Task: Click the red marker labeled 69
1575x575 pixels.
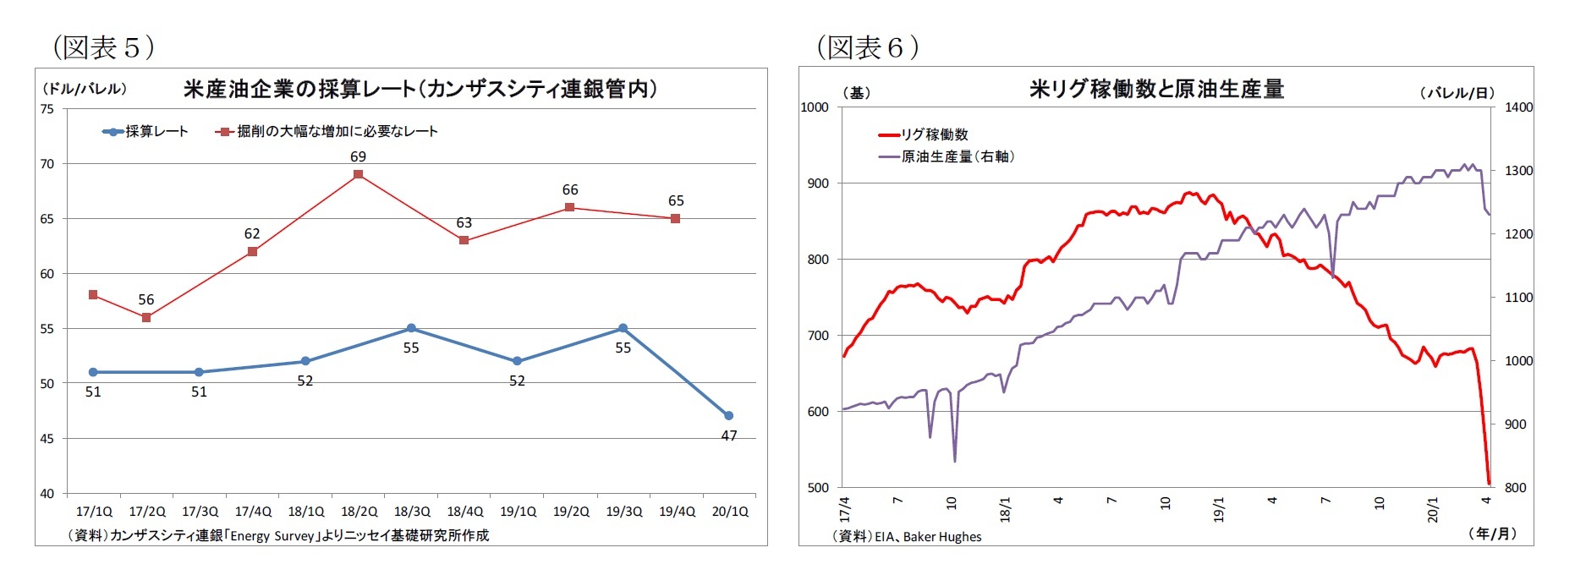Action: point(358,174)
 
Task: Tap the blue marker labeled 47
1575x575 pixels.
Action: point(728,415)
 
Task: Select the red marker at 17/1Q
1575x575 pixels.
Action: point(93,295)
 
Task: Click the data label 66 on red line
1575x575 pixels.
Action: point(570,190)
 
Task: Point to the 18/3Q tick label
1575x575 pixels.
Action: point(411,512)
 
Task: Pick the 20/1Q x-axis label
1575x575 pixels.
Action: point(729,512)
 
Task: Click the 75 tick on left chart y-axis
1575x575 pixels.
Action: point(47,109)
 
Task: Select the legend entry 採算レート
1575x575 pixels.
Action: point(145,132)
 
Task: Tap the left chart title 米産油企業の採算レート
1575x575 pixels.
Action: point(420,89)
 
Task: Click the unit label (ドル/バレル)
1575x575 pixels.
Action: point(84,89)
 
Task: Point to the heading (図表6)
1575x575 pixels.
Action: point(867,47)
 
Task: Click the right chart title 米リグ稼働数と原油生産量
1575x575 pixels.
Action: point(1156,89)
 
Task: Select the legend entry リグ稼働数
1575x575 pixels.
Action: point(924,134)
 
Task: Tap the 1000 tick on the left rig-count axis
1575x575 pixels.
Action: point(815,107)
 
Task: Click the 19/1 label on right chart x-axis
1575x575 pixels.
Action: point(1219,510)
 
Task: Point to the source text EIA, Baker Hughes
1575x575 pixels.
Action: point(907,536)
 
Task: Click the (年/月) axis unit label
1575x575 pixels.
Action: point(1493,533)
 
